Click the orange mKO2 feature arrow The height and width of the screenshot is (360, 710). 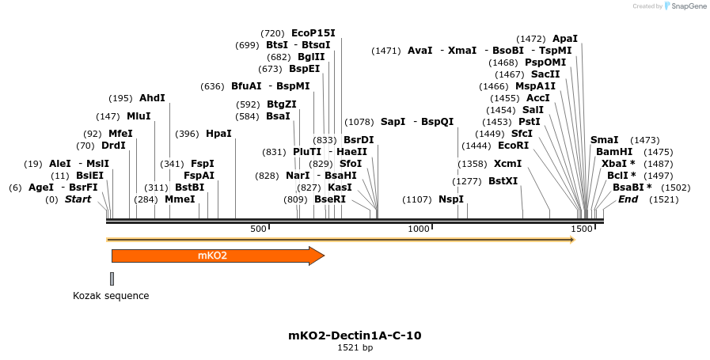[214, 256]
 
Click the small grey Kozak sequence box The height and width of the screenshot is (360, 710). [112, 279]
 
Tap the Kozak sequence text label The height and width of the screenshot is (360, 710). [111, 296]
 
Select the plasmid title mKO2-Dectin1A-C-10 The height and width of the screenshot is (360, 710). [355, 335]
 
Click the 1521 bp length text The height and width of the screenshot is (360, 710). [355, 347]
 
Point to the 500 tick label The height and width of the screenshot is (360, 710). [258, 229]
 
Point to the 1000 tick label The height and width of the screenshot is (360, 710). [419, 229]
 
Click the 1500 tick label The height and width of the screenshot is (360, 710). [582, 229]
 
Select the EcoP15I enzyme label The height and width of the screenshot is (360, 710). [313, 33]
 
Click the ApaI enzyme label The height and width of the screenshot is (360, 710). [565, 38]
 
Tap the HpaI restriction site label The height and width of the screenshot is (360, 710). [218, 134]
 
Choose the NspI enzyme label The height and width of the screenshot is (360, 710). [451, 199]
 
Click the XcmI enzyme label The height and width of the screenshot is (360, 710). [508, 164]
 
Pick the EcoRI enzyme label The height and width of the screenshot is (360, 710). [513, 146]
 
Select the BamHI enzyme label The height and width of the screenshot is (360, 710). [614, 152]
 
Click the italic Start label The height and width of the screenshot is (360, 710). [78, 199]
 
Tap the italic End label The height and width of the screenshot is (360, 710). [628, 199]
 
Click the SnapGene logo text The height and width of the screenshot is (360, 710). [685, 6]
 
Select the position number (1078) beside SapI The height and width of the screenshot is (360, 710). [359, 122]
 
